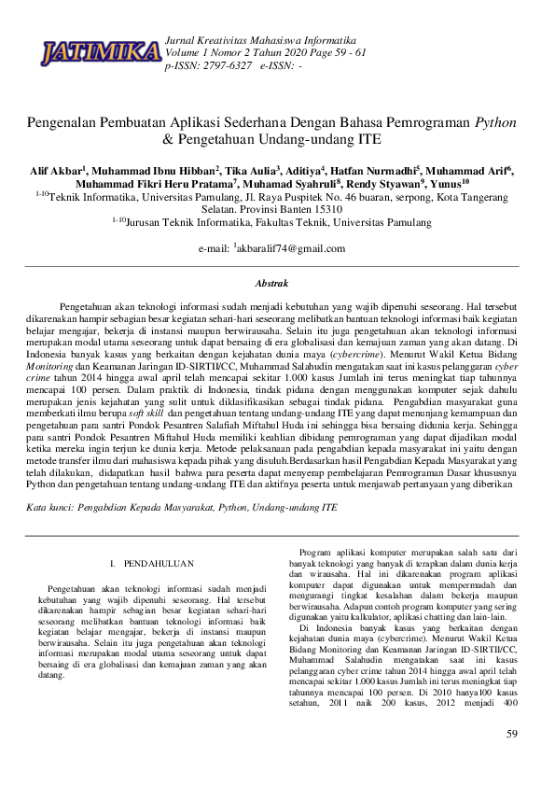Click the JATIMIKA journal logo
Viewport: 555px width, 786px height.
pyautogui.click(x=100, y=53)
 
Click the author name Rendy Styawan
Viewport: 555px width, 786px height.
pyautogui.click(x=387, y=184)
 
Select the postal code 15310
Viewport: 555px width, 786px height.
pyautogui.click(x=324, y=210)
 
